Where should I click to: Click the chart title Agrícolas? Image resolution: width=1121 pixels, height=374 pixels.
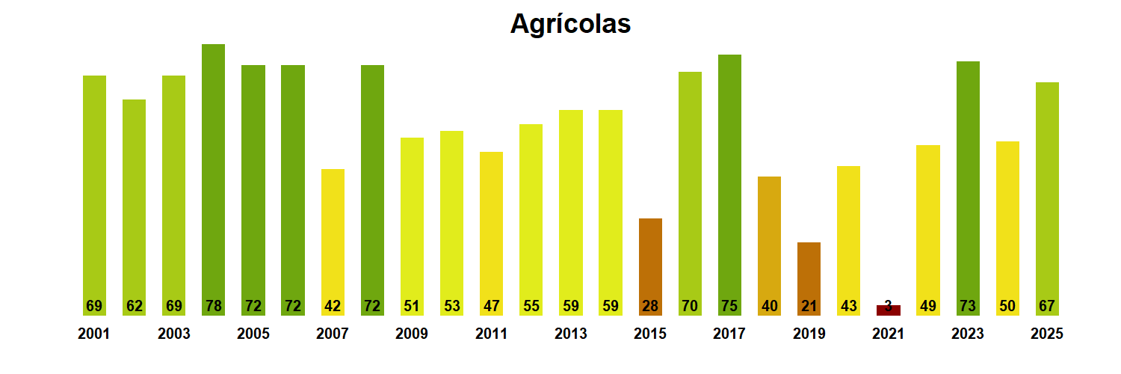point(570,24)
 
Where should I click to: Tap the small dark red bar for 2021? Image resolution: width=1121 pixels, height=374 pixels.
point(888,310)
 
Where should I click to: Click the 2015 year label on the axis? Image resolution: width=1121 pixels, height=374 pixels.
point(650,334)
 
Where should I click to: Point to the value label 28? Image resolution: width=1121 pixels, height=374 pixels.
point(650,306)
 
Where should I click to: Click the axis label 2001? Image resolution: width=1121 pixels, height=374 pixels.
point(93,334)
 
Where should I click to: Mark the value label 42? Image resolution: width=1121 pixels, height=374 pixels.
point(333,306)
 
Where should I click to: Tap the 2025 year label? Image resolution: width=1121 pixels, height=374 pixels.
point(1046,334)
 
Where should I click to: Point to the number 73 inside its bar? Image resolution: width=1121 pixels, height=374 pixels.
point(968,306)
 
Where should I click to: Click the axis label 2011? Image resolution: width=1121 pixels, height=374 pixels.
point(491,334)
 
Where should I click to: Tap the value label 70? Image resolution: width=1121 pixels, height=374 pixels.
point(690,306)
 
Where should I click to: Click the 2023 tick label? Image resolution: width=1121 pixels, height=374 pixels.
point(967,334)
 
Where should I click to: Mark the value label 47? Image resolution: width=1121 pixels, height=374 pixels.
point(491,306)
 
